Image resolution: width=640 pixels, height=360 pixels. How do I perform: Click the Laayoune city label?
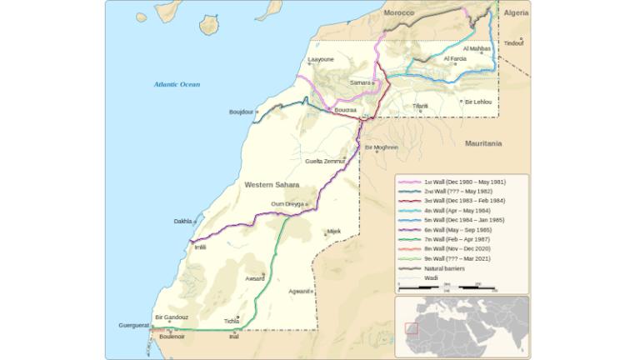pos(321,60)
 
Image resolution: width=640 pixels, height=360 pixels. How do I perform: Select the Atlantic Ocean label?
pos(177,84)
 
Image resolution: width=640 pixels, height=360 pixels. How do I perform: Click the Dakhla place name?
pos(182,221)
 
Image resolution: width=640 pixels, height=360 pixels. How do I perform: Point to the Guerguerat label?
pos(133,325)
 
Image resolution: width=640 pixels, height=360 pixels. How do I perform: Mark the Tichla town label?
pos(231,321)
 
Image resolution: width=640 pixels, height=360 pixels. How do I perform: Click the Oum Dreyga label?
pos(287,204)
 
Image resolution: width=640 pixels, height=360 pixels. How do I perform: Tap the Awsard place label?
pos(255,279)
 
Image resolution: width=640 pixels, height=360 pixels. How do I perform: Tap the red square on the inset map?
pos(411,328)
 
